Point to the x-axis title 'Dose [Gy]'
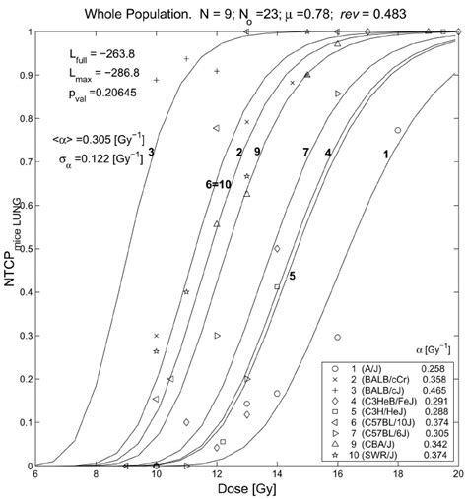[245, 488]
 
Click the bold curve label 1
[386, 155]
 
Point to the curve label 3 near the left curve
[151, 152]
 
